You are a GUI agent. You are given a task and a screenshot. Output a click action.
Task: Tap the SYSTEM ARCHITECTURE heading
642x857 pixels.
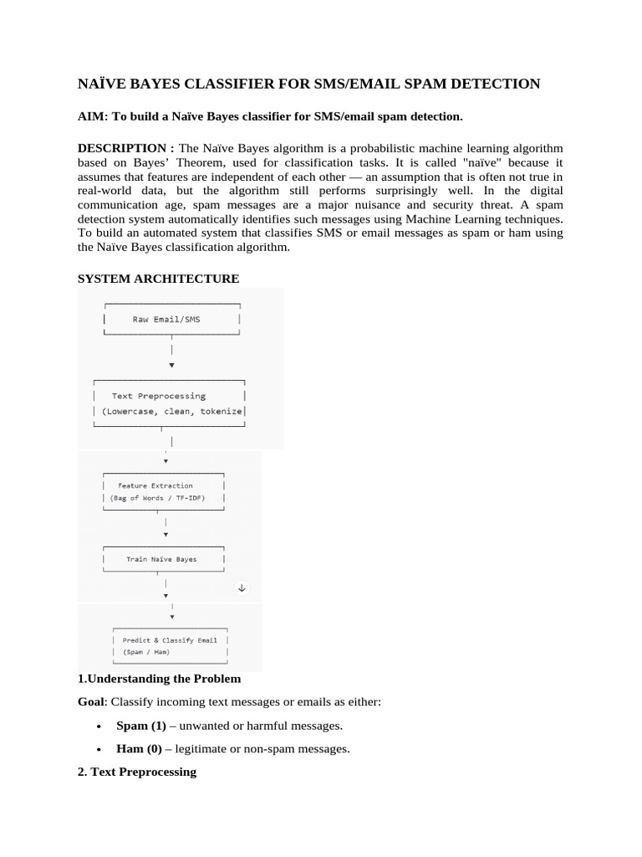158,279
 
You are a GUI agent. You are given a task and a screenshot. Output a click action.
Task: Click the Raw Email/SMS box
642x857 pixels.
171,320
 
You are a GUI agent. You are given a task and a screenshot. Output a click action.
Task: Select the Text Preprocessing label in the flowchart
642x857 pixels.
158,396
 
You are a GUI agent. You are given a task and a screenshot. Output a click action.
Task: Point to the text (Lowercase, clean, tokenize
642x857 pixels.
171,412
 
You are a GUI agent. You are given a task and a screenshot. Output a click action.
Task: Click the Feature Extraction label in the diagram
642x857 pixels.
155,485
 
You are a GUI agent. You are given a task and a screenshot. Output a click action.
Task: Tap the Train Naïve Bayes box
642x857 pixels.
161,559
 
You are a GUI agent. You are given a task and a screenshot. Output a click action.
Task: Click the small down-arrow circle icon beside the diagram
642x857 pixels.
242,588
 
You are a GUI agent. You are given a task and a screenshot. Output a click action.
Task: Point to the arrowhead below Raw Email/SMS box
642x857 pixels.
171,365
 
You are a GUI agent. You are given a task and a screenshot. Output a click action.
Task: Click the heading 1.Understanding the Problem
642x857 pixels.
159,679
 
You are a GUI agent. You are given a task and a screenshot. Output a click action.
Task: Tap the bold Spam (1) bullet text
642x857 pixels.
140,726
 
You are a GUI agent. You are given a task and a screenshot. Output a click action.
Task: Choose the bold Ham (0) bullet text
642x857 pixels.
139,749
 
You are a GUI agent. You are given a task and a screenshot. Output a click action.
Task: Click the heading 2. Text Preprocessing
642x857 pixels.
136,772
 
